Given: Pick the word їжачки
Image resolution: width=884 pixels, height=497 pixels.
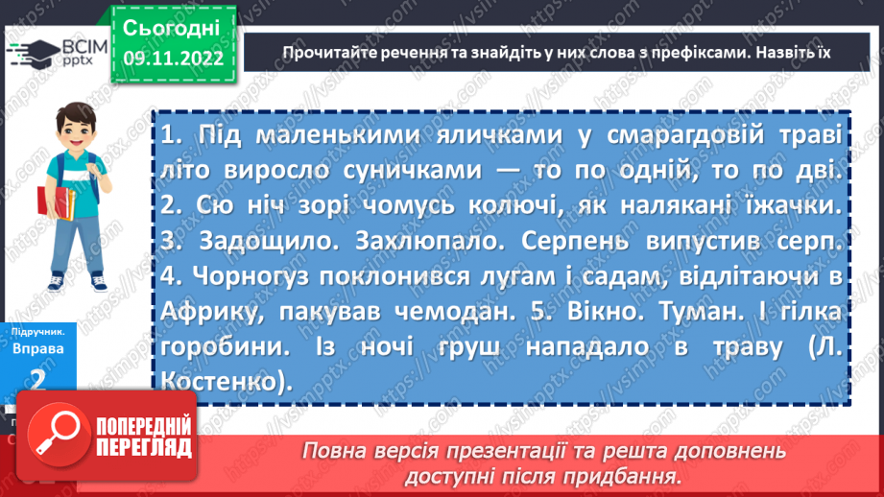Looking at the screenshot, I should [795, 204].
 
